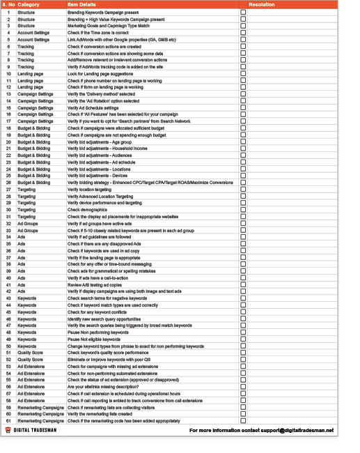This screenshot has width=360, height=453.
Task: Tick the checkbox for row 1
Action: tap(243, 13)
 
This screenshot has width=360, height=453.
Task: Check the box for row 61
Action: tap(243, 421)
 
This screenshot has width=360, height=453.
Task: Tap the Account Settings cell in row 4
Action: tap(33, 33)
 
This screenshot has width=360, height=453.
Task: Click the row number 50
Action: tap(8, 346)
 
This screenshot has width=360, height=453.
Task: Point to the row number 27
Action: tap(8, 190)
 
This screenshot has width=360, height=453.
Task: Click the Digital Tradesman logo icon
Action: tap(8, 431)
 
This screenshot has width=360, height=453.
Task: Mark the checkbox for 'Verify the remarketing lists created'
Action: tap(243, 414)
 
